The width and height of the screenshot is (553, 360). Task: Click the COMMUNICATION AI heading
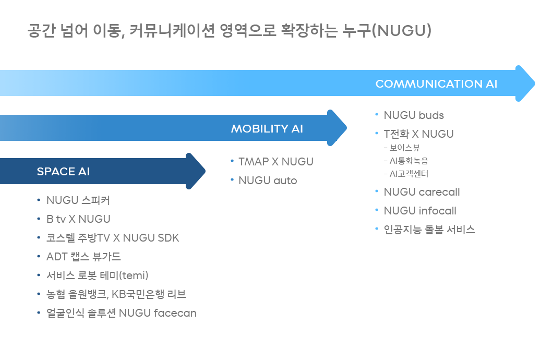(436, 84)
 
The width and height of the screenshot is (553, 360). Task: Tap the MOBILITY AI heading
(267, 129)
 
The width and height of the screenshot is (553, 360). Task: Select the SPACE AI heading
(63, 172)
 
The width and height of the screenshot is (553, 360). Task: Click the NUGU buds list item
(414, 115)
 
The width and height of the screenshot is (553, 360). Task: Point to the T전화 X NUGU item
(418, 134)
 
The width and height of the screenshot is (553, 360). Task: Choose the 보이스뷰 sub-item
(404, 148)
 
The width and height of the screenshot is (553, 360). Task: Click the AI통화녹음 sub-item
(408, 161)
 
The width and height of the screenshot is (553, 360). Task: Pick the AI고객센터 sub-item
(408, 174)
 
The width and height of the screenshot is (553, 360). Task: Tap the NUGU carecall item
(422, 192)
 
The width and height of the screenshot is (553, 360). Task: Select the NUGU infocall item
(420, 211)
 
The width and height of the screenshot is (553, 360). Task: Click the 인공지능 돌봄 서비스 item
(429, 230)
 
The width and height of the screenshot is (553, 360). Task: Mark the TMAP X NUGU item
(275, 162)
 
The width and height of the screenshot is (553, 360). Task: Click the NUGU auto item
(268, 181)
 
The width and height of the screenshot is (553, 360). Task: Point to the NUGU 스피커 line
(78, 200)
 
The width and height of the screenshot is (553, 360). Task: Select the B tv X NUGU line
(78, 219)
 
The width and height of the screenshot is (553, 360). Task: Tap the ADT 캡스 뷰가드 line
(83, 257)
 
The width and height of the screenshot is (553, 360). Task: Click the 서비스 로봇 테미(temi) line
(98, 275)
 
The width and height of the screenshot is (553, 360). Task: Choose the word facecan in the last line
(175, 313)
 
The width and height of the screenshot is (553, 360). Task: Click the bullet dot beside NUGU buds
(377, 114)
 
